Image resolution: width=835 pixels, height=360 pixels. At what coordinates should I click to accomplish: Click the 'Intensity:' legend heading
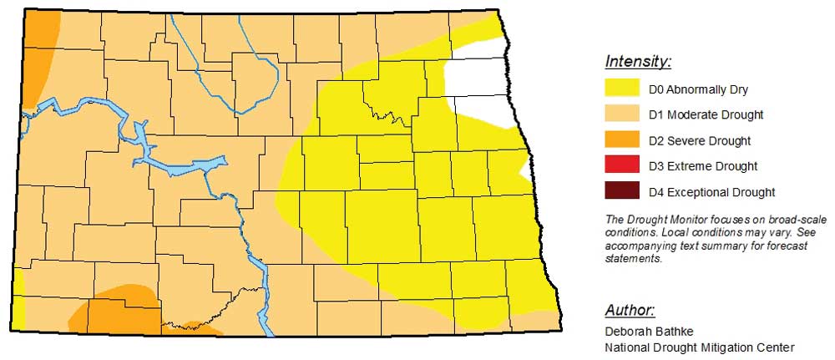[638, 62]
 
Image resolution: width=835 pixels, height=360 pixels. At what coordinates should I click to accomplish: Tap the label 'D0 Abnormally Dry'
[698, 89]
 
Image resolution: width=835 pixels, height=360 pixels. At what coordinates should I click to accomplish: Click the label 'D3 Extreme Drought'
[703, 166]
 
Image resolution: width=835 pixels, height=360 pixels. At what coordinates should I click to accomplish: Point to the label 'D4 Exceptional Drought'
[711, 192]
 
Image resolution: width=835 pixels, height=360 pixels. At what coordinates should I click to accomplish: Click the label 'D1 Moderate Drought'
[706, 114]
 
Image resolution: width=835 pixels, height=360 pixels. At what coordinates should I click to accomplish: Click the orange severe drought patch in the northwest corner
[38, 50]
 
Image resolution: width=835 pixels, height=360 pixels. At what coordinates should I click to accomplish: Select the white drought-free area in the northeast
[476, 79]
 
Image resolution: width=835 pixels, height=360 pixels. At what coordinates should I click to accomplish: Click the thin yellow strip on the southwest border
[18, 301]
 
